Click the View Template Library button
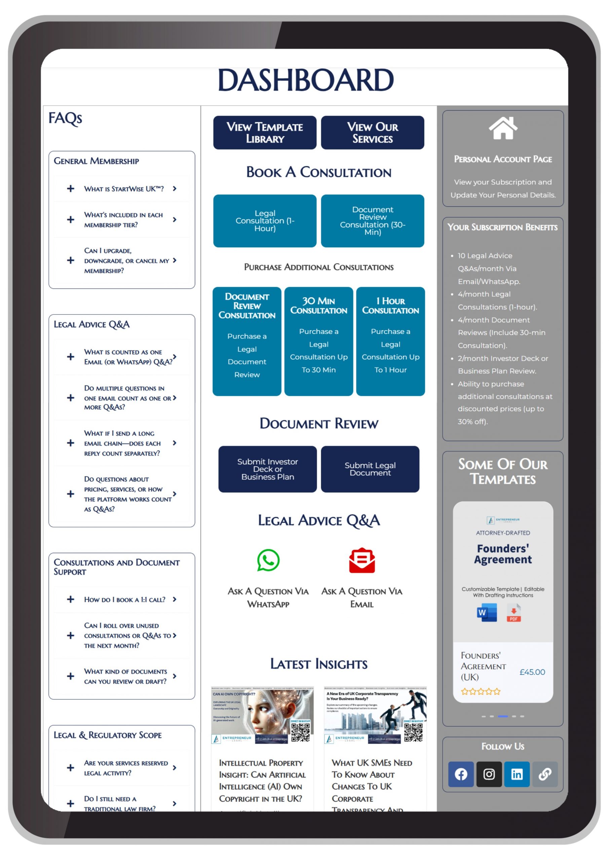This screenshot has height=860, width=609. [265, 133]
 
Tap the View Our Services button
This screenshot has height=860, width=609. [372, 133]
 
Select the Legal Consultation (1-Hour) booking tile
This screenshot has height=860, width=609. [265, 221]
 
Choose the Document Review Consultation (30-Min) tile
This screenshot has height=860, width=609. [372, 221]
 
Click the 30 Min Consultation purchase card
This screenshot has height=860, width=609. [318, 341]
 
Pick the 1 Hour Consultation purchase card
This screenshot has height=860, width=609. [390, 341]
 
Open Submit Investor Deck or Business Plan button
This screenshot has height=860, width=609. [267, 469]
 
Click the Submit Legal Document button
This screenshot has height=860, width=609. [370, 469]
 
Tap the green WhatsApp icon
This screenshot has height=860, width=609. [268, 560]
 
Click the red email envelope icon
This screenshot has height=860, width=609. [362, 560]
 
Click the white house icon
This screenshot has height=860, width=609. [503, 128]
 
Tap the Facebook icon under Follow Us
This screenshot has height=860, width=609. [461, 774]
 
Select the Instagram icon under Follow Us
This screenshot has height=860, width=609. [489, 774]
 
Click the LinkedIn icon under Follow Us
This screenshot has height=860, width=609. [517, 774]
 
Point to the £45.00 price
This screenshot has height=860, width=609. [532, 672]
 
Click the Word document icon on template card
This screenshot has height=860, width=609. [487, 613]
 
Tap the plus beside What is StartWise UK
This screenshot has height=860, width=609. [71, 188]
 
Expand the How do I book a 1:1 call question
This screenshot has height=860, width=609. [71, 599]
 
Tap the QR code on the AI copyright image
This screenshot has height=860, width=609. [300, 732]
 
